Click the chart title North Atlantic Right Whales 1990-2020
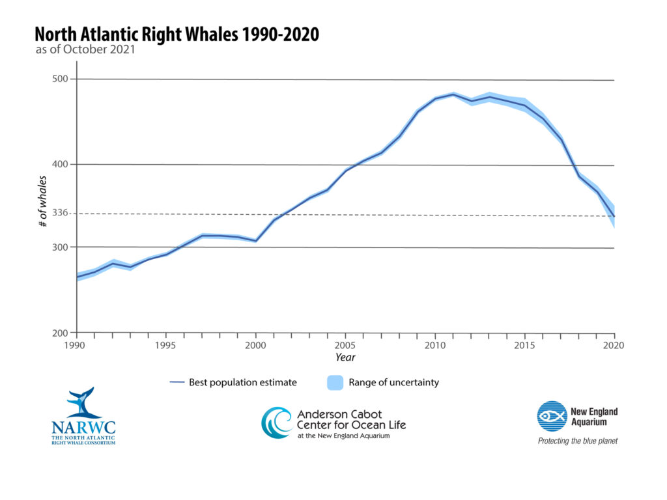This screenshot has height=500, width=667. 177,35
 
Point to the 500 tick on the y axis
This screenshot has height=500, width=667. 60,79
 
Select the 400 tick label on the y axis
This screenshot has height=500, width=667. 60,165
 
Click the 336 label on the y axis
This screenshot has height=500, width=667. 60,214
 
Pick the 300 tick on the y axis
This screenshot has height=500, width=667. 60,247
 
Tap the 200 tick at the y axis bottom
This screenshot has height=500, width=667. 60,333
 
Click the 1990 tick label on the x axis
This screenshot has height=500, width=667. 77,345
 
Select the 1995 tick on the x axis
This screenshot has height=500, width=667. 166,345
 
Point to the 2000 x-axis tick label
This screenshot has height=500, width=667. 256,345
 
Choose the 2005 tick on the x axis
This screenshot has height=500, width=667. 345,345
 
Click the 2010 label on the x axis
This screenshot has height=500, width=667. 434,345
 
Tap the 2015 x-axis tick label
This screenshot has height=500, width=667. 524,345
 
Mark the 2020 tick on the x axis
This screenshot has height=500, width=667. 614,345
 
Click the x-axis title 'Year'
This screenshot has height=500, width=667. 345,357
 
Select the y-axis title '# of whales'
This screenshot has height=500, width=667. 43,201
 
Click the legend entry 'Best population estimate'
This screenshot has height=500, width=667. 242,383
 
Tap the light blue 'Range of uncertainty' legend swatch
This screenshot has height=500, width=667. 335,383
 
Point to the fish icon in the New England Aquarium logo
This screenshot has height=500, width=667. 552,416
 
